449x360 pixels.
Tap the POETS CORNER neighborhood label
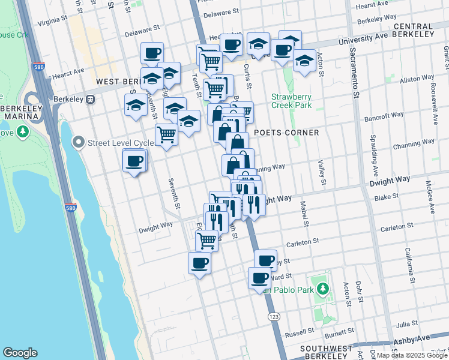(286, 132)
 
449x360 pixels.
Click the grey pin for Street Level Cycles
(78, 143)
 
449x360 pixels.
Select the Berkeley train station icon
(91, 100)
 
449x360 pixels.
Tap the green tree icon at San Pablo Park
(323, 289)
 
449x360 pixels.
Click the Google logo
(20, 353)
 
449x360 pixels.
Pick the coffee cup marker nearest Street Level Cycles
(134, 161)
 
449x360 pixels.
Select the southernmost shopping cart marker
(207, 240)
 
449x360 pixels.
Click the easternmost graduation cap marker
(305, 61)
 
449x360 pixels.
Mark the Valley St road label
(321, 172)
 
